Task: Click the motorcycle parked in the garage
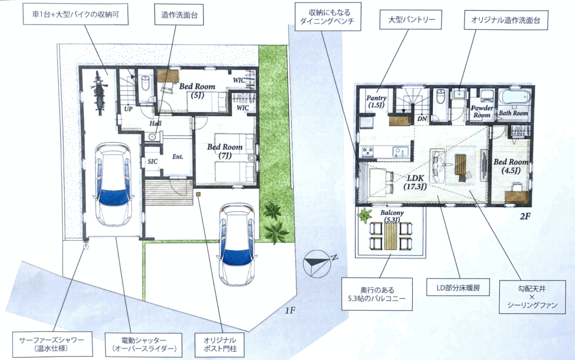(x=99, y=93)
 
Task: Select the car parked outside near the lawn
(x=236, y=245)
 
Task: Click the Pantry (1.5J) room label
(x=376, y=102)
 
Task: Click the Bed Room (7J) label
(x=225, y=151)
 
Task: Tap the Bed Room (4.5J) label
(x=511, y=166)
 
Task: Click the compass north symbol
(x=318, y=262)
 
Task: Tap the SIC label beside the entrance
(x=153, y=161)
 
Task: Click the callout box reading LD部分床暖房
(x=458, y=287)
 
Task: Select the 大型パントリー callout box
(x=412, y=20)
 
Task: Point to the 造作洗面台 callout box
(x=179, y=15)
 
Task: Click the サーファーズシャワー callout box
(x=52, y=344)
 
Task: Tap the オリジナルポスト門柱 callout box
(x=220, y=344)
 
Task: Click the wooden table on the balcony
(x=391, y=236)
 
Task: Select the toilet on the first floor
(x=145, y=84)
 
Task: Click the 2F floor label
(x=525, y=216)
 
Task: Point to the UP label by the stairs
(x=129, y=109)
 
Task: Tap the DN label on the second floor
(x=422, y=119)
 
